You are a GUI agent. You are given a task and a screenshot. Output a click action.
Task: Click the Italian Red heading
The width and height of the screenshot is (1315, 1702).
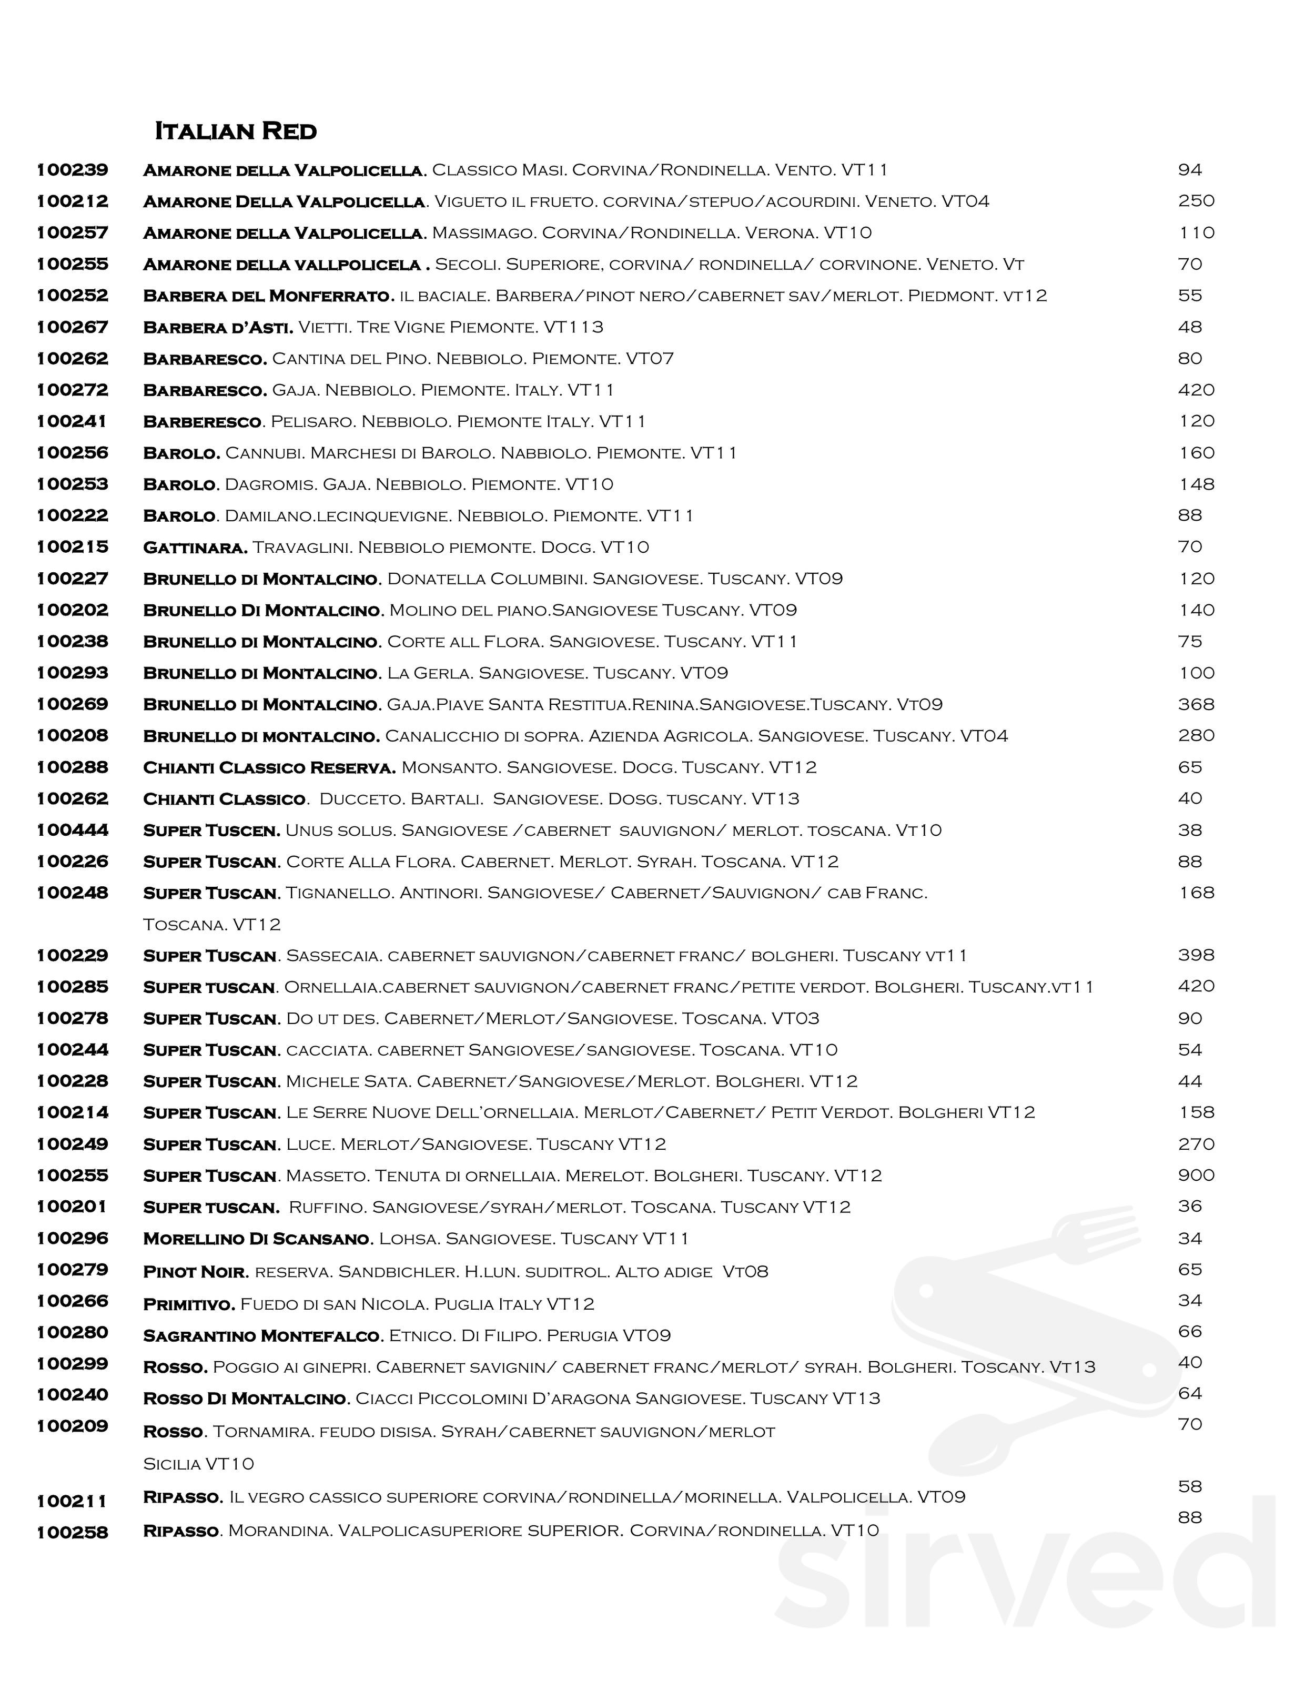coord(236,131)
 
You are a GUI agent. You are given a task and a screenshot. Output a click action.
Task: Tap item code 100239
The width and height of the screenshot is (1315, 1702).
coord(73,170)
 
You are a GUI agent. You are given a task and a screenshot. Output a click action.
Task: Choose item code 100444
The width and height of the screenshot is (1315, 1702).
coord(73,830)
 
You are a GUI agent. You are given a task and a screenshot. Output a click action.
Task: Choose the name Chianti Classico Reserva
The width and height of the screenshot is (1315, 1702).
coord(269,767)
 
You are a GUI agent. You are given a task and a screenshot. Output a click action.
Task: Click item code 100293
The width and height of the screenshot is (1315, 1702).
coord(73,673)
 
